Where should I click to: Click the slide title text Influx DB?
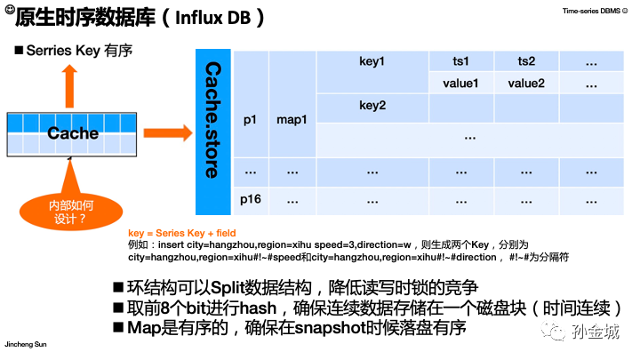[x=205, y=18]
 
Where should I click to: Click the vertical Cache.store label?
[x=212, y=119]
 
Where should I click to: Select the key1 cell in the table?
[x=372, y=61]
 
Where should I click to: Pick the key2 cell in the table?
[x=372, y=105]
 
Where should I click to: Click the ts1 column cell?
[x=460, y=61]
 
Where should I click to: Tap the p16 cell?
[x=251, y=198]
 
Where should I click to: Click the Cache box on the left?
[x=73, y=133]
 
